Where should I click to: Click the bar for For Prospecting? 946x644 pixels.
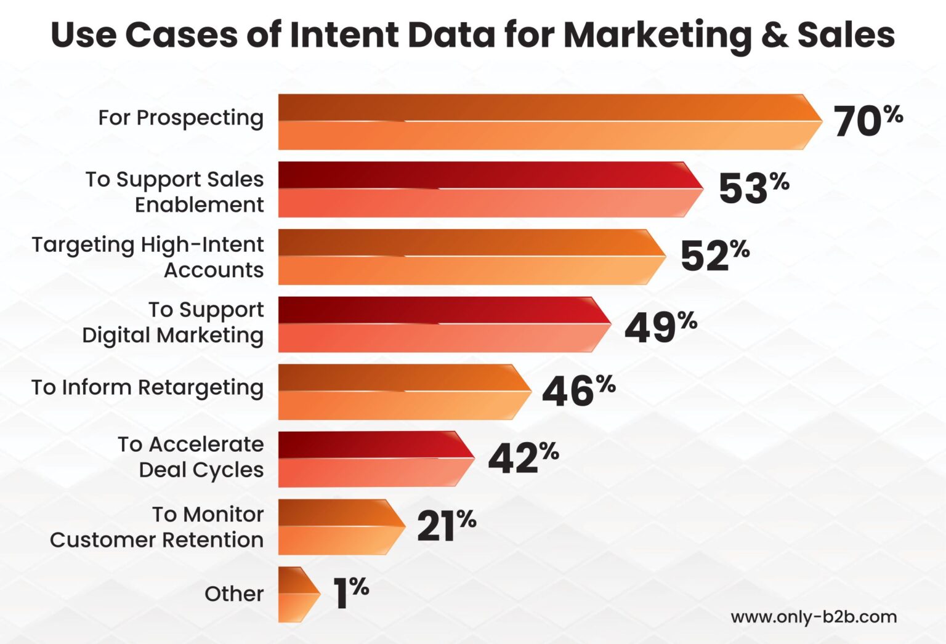coord(548,122)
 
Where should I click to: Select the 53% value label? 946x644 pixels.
coord(753,188)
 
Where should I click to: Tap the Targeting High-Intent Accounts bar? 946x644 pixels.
coord(471,257)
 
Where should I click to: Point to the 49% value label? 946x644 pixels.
coord(660,326)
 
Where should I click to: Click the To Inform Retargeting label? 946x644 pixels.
coord(147,388)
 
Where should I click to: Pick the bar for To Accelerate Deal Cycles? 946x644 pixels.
coord(376,459)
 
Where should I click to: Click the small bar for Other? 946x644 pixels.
coord(298,594)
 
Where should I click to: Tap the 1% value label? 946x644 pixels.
coord(350,592)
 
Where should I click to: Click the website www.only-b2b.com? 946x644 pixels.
coord(813,617)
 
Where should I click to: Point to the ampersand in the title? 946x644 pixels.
coord(774,34)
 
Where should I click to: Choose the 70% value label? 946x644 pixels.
coord(868,120)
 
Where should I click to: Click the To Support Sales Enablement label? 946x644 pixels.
coord(174,191)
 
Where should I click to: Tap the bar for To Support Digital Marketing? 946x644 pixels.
coord(443,324)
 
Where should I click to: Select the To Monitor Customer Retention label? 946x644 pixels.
coord(156,527)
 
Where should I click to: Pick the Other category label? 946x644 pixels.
coord(233,594)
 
